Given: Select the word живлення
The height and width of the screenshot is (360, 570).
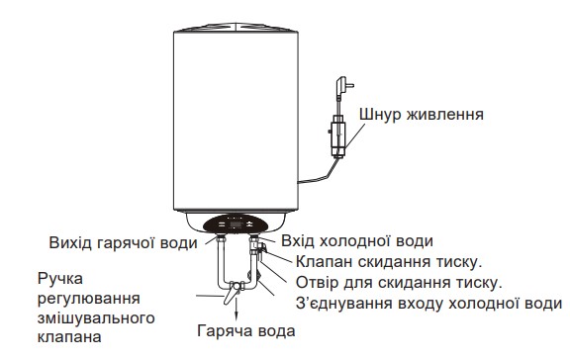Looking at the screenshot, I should [x=445, y=115].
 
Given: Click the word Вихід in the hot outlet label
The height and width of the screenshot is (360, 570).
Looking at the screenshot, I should [x=71, y=241].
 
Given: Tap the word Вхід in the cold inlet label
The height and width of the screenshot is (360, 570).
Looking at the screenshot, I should [x=301, y=241].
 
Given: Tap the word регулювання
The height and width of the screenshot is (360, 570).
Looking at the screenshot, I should [x=87, y=298].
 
